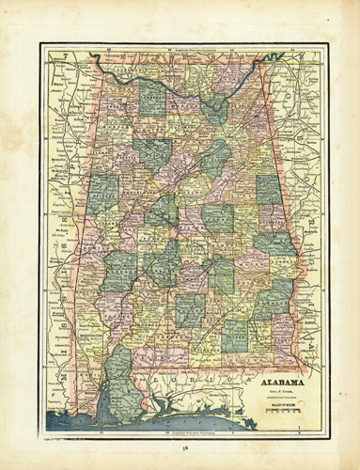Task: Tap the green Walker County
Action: (x=153, y=150)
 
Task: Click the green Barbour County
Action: (x=270, y=296)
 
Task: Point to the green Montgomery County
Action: (x=221, y=273)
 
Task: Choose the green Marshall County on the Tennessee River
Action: (x=216, y=108)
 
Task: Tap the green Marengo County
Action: (x=120, y=268)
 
